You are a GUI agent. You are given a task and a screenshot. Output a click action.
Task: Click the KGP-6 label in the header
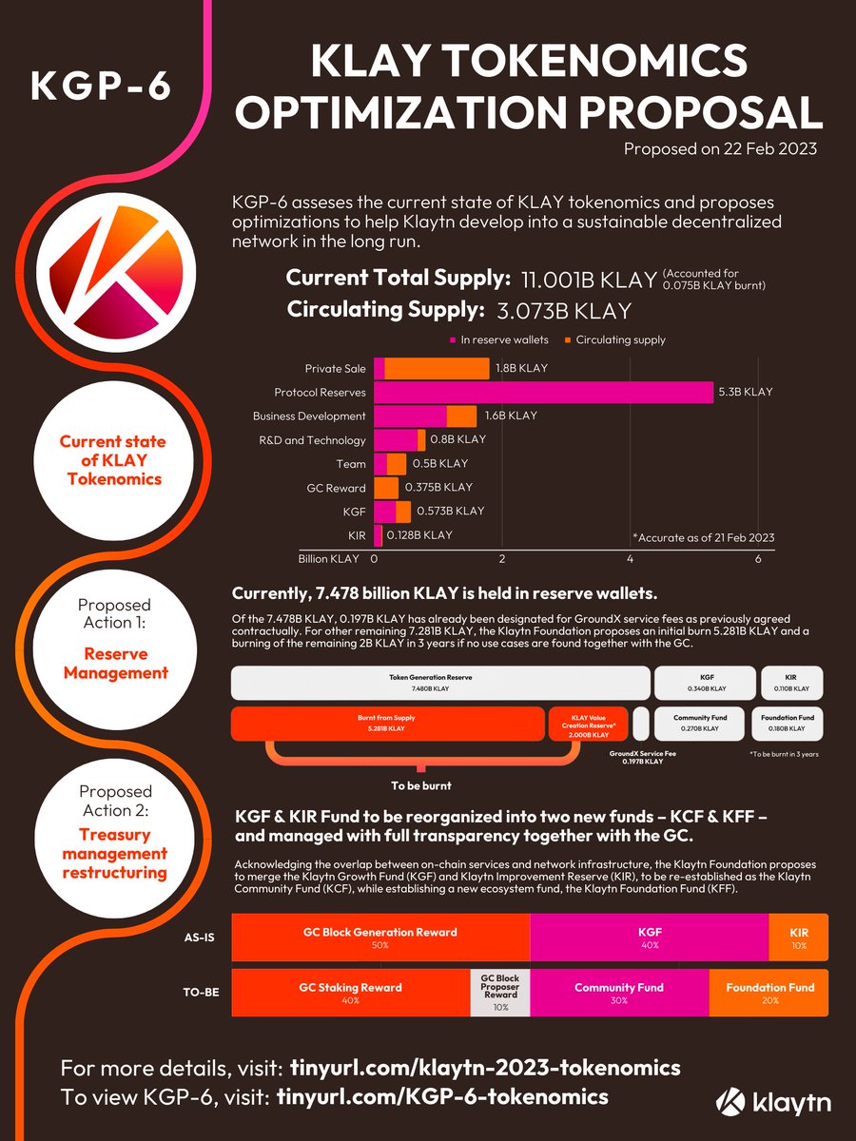pos(100,86)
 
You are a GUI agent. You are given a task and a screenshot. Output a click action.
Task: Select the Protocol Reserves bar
pos(543,392)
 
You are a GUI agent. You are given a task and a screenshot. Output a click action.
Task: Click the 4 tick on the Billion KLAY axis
pos(631,559)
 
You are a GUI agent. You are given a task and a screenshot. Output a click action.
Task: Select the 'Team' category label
pos(351,464)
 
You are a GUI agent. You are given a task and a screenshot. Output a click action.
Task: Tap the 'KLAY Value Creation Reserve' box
pos(588,724)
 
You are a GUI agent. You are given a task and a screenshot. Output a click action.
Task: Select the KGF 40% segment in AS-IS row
pos(649,938)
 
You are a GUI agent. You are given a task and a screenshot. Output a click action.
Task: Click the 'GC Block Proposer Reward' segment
pos(499,992)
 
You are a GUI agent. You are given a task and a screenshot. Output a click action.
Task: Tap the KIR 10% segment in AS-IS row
pos(797,938)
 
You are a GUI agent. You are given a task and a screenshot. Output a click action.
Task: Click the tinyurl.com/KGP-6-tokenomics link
pos(441,1096)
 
